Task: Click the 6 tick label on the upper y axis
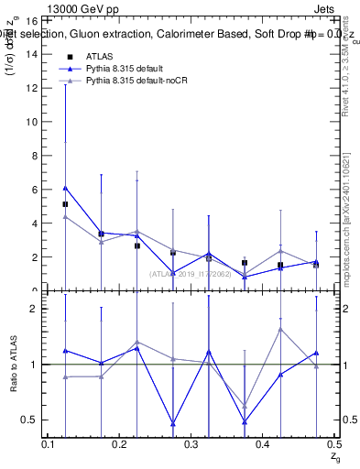(33, 189)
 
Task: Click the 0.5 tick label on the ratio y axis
(28, 420)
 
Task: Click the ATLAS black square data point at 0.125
(66, 204)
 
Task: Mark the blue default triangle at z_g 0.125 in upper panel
(66, 187)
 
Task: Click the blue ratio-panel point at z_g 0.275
(173, 423)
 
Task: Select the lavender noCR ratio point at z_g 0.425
(280, 329)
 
